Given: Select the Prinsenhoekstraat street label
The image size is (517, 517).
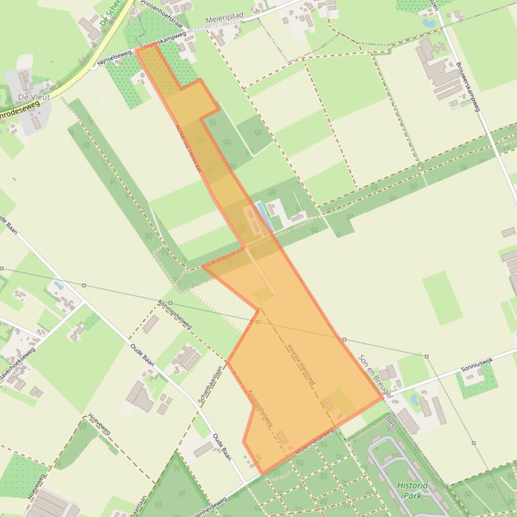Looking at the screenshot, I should (x=161, y=11).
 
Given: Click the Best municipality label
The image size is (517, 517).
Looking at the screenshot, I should (x=391, y=423).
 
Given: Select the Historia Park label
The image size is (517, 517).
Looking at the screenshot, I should (x=411, y=490).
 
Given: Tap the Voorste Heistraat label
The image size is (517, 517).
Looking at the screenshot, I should (x=301, y=367).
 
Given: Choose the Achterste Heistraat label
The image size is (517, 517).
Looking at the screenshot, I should (x=188, y=148).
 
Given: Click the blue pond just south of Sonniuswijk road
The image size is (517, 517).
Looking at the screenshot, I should (x=415, y=401).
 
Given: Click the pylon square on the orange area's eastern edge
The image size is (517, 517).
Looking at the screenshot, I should (x=344, y=340).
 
